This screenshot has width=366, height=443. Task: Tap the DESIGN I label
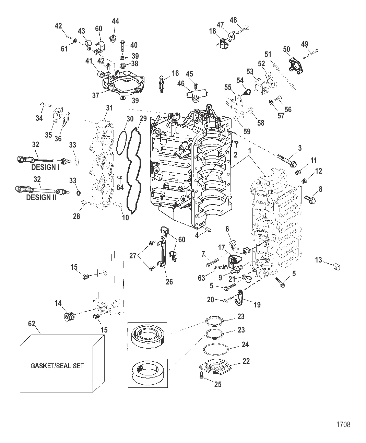coord(45,167)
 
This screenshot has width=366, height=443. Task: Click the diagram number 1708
coord(343,424)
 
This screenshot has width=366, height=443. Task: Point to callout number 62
coord(32,324)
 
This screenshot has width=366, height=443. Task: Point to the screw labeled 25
coord(202,376)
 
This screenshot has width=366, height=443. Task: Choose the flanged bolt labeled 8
coord(310,199)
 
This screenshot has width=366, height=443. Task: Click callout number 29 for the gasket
coord(143,119)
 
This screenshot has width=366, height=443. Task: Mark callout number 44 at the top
coord(115,21)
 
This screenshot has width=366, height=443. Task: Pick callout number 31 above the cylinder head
coord(109,108)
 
